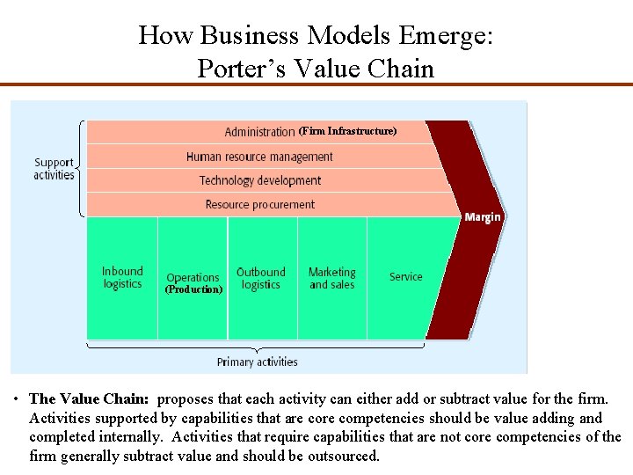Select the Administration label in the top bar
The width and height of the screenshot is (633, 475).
click(x=259, y=132)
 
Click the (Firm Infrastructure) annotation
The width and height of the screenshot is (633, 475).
click(x=347, y=131)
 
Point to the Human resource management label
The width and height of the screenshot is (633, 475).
click(x=259, y=157)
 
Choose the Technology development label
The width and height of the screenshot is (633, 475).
click(x=259, y=180)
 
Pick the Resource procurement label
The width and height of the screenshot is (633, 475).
click(x=259, y=204)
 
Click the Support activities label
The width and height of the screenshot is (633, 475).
click(x=54, y=168)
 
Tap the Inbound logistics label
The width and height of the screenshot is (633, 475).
click(x=122, y=277)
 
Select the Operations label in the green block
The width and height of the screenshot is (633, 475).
click(x=193, y=277)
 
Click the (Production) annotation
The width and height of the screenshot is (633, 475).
click(x=193, y=289)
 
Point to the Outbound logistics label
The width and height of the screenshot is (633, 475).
click(x=261, y=278)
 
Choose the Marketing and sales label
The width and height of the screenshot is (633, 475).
click(x=331, y=278)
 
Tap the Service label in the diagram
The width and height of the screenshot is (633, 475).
click(x=405, y=276)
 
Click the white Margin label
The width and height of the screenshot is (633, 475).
click(x=483, y=216)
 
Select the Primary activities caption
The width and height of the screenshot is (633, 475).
click(x=258, y=362)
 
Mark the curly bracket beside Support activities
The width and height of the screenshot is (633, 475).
click(x=82, y=167)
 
